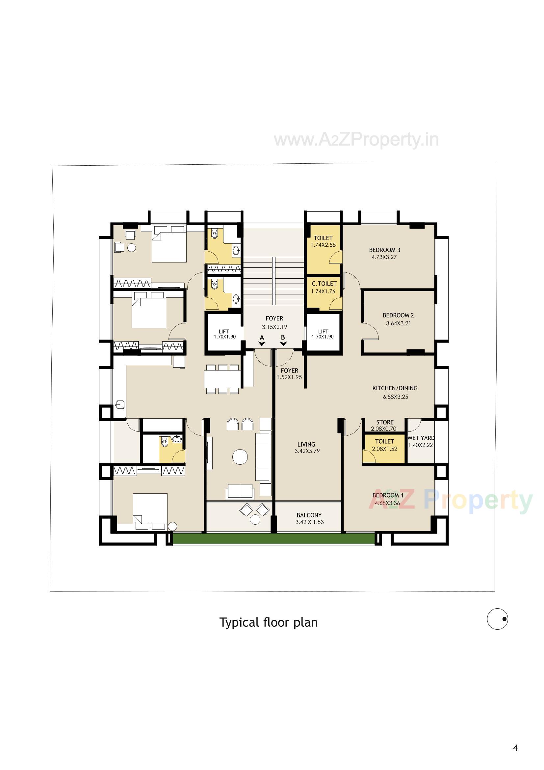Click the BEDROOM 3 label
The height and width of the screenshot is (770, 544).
(384, 250)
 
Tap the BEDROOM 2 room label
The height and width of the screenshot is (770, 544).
(398, 315)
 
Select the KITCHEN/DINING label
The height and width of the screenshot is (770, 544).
(395, 388)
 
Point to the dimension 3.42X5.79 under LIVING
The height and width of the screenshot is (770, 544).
(307, 451)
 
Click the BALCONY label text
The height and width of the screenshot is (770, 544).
(309, 515)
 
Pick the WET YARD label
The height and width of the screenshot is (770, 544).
(421, 438)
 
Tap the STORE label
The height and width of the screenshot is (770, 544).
(384, 422)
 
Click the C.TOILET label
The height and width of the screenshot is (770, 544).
(324, 284)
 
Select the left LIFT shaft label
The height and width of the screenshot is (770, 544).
(223, 331)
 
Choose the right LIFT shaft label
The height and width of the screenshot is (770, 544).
(323, 331)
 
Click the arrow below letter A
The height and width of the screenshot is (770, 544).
(262, 344)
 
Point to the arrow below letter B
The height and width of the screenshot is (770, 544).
(283, 344)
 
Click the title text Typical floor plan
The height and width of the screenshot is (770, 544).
(269, 622)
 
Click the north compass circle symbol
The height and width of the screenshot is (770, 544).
(497, 619)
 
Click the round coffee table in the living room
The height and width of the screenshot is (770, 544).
(240, 457)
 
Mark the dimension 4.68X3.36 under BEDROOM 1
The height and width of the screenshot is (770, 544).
(387, 503)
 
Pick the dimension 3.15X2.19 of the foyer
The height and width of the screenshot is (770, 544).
(274, 327)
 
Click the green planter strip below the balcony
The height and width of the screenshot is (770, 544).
(273, 538)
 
